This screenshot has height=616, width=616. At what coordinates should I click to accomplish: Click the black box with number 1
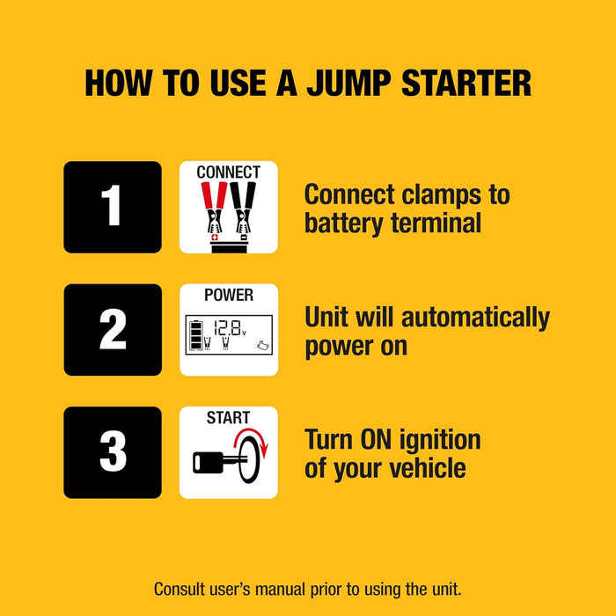112,207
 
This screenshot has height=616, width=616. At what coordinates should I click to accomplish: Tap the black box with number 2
112,330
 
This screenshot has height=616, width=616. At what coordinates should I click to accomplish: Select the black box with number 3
112,452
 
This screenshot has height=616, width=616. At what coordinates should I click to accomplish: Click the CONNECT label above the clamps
228,172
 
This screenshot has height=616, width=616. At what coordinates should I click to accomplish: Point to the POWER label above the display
228,295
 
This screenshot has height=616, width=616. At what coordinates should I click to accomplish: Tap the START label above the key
228,417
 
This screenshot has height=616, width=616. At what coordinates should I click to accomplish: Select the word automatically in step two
468,317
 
